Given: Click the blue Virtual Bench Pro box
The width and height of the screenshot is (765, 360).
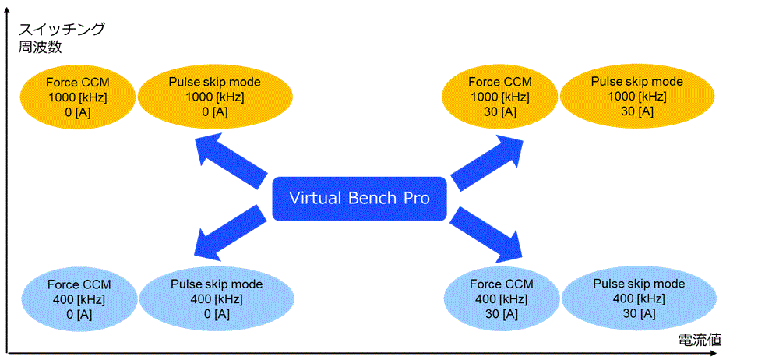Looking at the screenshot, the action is pos(359,199).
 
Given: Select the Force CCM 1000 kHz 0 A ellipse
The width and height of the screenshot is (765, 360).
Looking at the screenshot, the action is pos(78,97).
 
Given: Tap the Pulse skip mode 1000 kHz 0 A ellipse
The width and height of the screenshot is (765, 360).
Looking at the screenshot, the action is pos(215,97).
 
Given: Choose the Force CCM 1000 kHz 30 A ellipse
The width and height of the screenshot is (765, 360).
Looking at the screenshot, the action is pos(499,97).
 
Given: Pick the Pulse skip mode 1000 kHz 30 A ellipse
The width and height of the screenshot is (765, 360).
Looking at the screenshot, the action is pos(637,97).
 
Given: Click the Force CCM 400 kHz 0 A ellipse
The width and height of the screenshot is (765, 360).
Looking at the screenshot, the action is pos(79,299).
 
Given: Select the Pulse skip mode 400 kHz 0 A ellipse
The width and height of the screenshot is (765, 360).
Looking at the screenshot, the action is pos(217,299).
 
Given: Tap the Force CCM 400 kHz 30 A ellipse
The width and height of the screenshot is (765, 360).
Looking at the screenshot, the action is pos(502,299).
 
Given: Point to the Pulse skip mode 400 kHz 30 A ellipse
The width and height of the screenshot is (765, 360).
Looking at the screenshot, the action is pos(639,299).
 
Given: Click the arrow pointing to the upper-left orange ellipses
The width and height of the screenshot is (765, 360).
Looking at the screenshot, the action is pos(231,163).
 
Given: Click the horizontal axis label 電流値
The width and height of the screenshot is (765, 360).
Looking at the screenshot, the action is pos(699,340).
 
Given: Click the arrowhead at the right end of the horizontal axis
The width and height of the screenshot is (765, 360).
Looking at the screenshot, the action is pos(756,351).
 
